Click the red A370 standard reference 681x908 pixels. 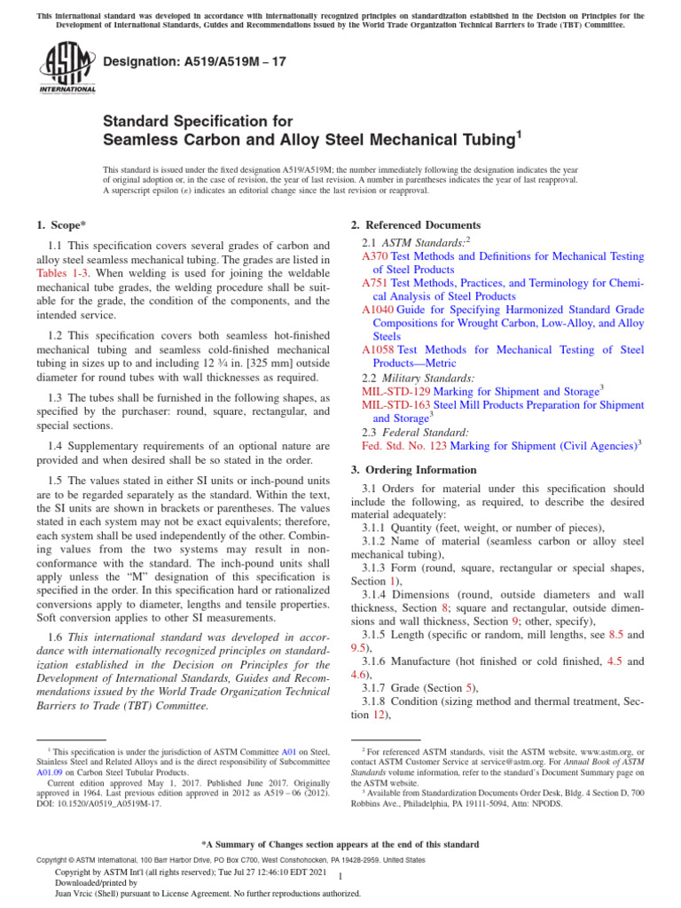(x=375, y=256)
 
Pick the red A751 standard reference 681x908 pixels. (x=375, y=283)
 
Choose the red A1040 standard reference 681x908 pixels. (x=378, y=309)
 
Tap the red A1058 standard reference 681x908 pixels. (x=378, y=349)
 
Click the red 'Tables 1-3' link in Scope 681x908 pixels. (x=59, y=274)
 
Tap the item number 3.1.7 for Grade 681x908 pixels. (x=380, y=688)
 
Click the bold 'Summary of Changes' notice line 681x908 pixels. (x=340, y=844)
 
